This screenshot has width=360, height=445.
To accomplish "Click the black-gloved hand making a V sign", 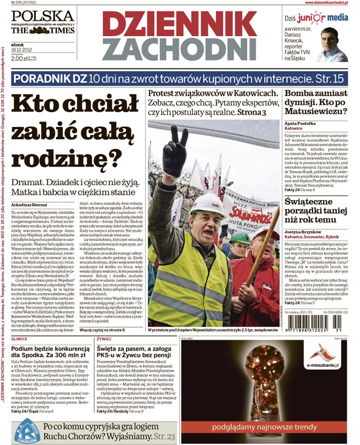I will pyautogui.click(x=174, y=152).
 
